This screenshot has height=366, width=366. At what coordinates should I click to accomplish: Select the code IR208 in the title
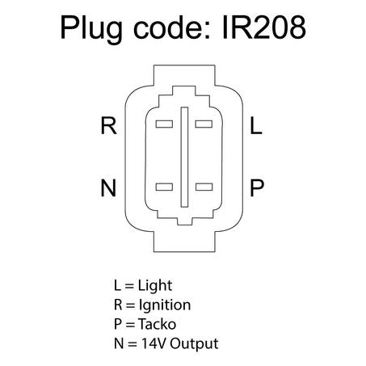[x=264, y=27]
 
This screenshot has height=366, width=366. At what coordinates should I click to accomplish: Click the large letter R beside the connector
[x=108, y=125]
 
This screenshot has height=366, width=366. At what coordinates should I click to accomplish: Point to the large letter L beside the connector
[x=256, y=125]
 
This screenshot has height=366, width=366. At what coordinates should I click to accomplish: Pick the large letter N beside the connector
[x=108, y=187]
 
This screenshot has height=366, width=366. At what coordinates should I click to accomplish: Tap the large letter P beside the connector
[x=257, y=187]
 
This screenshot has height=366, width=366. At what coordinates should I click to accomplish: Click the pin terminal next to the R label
[x=164, y=124]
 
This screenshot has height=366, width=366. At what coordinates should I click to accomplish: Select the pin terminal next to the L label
[x=204, y=124]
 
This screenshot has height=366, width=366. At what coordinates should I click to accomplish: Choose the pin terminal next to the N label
[x=164, y=187]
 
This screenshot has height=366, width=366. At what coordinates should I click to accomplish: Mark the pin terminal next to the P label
[x=204, y=187]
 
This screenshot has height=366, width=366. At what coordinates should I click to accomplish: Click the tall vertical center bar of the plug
[x=184, y=157]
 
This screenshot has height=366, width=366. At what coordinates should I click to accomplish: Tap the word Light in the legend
[x=155, y=286]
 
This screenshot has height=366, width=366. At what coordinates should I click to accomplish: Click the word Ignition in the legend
[x=165, y=305]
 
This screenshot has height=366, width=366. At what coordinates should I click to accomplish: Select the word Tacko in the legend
[x=158, y=324]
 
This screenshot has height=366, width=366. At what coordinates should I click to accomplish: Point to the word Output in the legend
[x=194, y=343]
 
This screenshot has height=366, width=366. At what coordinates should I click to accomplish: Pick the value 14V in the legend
[x=154, y=343]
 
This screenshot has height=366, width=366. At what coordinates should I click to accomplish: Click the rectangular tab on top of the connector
[x=184, y=75]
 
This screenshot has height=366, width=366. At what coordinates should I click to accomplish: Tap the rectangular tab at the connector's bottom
[x=184, y=242]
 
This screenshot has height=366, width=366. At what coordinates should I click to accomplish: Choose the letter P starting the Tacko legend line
[x=118, y=324]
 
